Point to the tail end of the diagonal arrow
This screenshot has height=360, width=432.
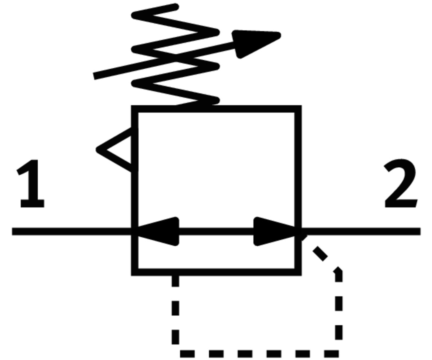[96, 75]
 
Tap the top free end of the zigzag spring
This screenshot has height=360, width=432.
[175, 7]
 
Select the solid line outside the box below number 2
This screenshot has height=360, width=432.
[362, 232]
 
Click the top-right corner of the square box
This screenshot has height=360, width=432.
[298, 109]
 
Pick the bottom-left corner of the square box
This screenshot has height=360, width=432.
[135, 272]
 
